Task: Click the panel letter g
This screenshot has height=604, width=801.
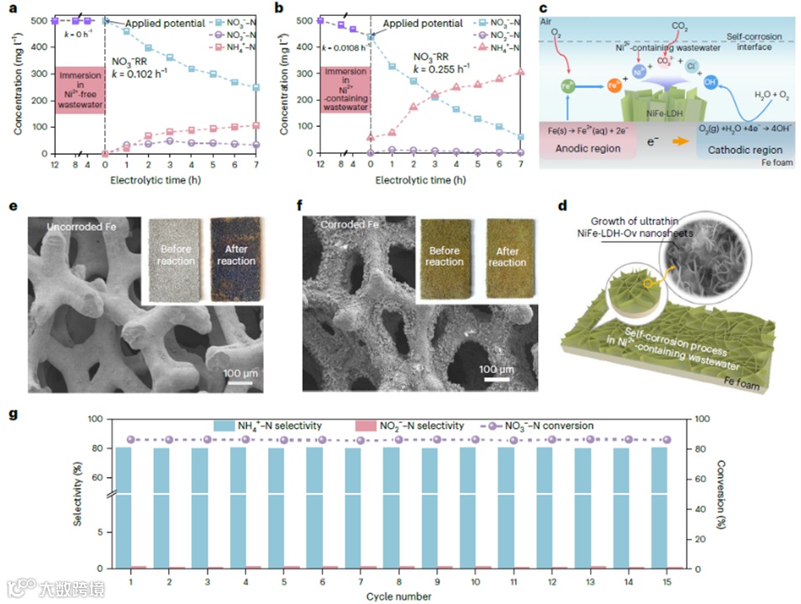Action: pos(12,415)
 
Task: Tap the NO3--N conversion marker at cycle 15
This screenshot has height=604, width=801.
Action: pos(667,440)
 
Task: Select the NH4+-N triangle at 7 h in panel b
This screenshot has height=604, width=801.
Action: pos(522,72)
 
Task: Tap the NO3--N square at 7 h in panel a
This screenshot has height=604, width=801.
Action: pos(256,87)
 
